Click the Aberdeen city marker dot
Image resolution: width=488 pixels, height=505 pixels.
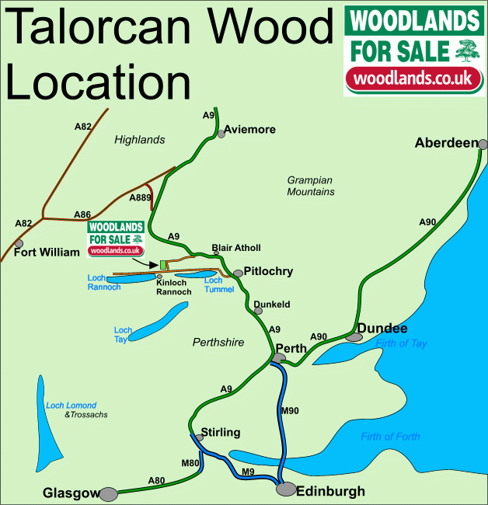point(483,144)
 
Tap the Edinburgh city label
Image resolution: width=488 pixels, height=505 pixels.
point(331,491)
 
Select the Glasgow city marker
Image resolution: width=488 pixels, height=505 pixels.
point(107,493)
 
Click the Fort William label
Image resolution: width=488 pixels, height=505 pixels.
point(47,252)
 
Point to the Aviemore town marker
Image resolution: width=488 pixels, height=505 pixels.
point(221,134)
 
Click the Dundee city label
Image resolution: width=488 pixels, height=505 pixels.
point(382,328)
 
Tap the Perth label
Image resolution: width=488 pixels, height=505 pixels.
point(291,348)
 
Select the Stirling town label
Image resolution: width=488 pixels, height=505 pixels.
point(221,432)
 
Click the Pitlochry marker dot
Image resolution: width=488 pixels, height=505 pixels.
point(239,273)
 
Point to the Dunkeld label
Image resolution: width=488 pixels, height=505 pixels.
point(272,305)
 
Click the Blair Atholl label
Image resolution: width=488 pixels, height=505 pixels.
point(236,248)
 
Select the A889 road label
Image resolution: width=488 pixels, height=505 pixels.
point(140,198)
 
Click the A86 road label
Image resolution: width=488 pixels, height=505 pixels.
point(82,214)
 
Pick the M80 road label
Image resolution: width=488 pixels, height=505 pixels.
point(190,463)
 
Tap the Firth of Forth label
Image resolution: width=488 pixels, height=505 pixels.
point(390,437)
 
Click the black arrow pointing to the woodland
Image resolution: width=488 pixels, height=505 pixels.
point(147,263)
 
